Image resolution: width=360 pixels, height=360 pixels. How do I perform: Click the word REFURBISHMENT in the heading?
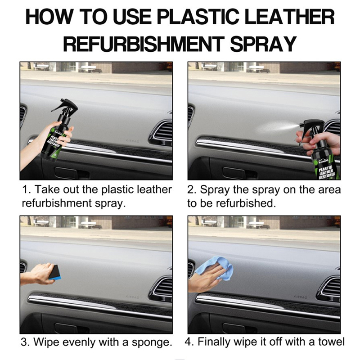[x=144, y=44]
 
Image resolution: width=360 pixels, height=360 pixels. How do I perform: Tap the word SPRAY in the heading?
[x=263, y=44]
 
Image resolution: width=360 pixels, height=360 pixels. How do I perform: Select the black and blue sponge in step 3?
[x=54, y=273]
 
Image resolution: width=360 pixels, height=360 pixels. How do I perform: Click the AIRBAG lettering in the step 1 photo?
[x=132, y=141]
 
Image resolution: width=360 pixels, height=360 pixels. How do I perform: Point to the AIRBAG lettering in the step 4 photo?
[x=300, y=297]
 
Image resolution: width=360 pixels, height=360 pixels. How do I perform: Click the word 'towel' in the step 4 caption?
[x=331, y=342]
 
